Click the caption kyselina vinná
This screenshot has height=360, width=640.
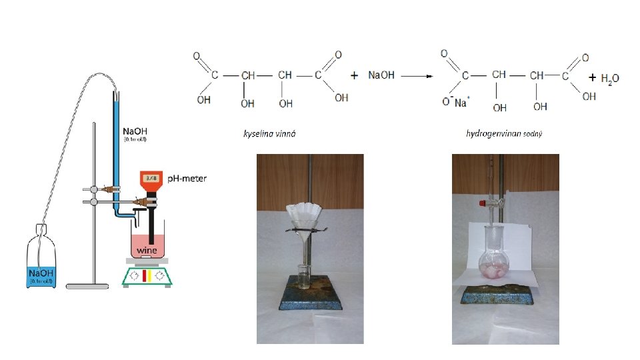[x=269, y=134]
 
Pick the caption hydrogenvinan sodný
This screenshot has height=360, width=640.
[x=504, y=134]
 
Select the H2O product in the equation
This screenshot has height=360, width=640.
[x=609, y=79]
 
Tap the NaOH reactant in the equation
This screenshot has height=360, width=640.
[x=381, y=75]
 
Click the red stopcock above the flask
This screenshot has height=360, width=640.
[x=478, y=200]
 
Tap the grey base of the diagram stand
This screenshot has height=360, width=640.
[x=87, y=285]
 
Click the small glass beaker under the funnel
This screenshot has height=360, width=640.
[x=303, y=275]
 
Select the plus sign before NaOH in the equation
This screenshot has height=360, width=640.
[x=355, y=75]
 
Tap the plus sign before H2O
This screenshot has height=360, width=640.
[x=593, y=78]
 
